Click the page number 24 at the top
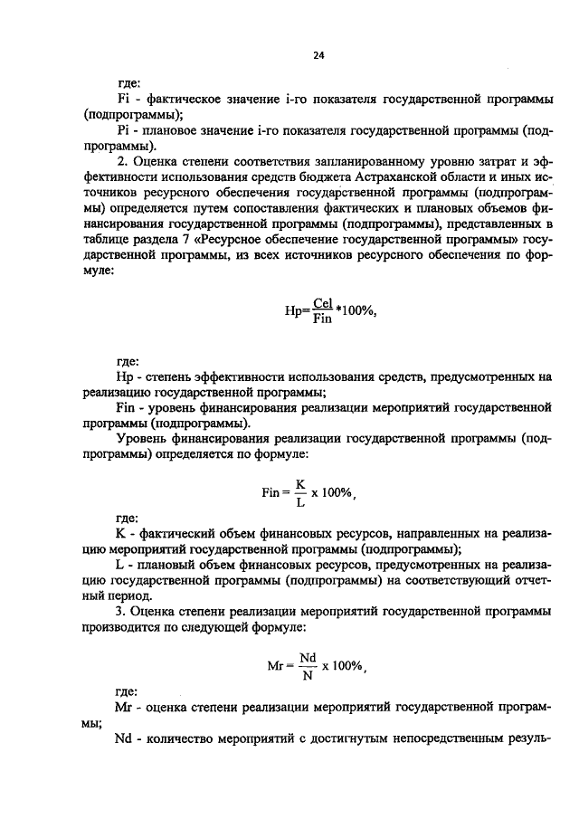(x=318, y=55)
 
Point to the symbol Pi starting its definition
(x=125, y=129)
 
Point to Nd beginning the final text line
(x=125, y=738)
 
